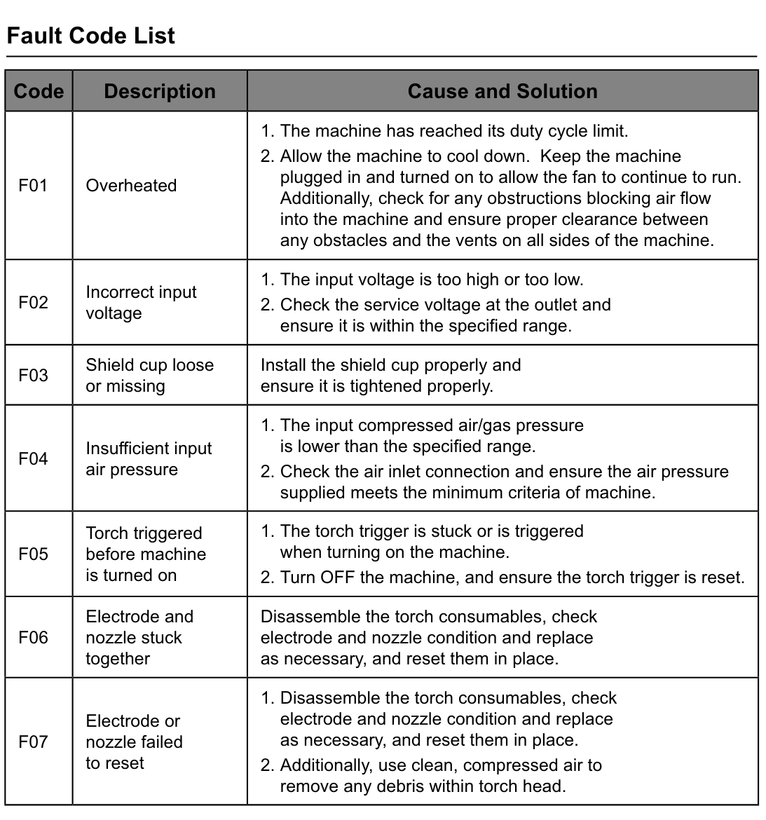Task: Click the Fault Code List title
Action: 90,36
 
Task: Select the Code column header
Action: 39,91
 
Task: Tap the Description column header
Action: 160,91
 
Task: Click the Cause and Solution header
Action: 502,91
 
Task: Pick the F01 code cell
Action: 33,186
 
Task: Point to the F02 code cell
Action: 33,302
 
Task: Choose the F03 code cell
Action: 33,375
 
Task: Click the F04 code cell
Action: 33,459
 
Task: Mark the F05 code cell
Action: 33,554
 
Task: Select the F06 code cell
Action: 33,637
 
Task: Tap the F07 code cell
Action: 33,742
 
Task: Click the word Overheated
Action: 131,186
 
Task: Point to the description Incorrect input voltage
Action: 141,302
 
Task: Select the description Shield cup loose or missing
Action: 149,375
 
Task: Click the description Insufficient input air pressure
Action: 149,459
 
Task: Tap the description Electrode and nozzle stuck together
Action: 139,637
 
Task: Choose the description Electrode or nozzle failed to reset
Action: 134,742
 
